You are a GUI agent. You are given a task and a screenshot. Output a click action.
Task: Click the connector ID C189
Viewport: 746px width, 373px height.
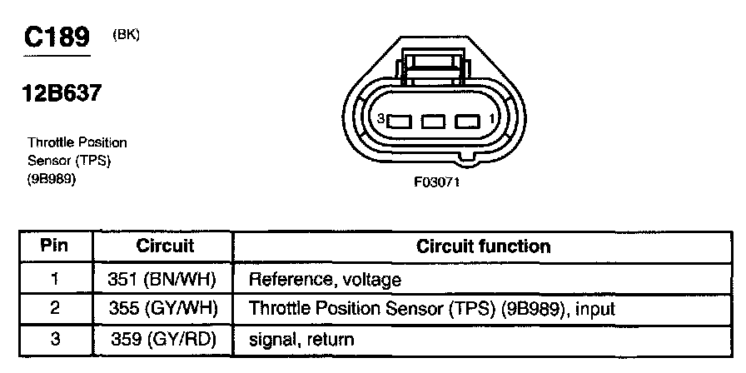[x=57, y=37]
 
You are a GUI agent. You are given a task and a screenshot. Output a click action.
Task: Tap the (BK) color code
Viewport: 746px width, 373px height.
[x=126, y=35]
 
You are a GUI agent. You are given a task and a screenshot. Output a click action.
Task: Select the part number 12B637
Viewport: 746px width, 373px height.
[x=62, y=92]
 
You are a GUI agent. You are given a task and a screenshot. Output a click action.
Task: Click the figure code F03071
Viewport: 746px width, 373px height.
[x=437, y=182]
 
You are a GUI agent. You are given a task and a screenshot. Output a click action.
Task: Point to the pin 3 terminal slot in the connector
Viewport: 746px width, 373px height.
[x=399, y=122]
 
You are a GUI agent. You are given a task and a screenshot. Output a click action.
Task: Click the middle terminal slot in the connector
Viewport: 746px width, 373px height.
[x=434, y=122]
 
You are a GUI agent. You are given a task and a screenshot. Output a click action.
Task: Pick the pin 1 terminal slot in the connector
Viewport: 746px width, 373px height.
[x=467, y=122]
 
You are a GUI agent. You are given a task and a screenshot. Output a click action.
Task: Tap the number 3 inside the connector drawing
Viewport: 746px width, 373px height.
[x=380, y=119]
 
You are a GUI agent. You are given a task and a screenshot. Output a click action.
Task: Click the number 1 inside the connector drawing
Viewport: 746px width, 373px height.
[x=492, y=118]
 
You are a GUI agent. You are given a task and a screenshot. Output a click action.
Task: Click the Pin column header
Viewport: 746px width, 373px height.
[x=54, y=246]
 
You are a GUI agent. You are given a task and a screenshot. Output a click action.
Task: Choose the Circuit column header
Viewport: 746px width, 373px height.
[x=165, y=246]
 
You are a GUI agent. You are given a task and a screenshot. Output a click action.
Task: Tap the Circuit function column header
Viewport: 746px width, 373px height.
[x=484, y=246]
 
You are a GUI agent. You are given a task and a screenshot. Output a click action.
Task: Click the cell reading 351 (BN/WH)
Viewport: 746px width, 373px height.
[x=162, y=279]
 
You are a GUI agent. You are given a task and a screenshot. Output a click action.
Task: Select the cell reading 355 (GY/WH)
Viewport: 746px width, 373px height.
[x=163, y=309]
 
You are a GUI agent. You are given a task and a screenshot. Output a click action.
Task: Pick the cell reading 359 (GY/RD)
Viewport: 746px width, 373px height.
[x=163, y=339]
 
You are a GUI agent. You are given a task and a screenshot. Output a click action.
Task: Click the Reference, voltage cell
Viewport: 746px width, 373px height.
[x=325, y=280]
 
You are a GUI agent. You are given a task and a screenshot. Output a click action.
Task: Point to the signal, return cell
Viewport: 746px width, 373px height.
[x=301, y=340]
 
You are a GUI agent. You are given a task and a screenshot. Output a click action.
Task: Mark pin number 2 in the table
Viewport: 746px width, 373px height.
[x=55, y=309]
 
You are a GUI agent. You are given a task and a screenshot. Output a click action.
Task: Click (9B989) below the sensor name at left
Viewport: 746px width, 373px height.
[x=52, y=181]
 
